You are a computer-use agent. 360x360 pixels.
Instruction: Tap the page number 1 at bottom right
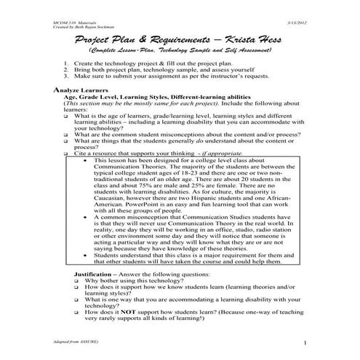coord(306,342)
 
